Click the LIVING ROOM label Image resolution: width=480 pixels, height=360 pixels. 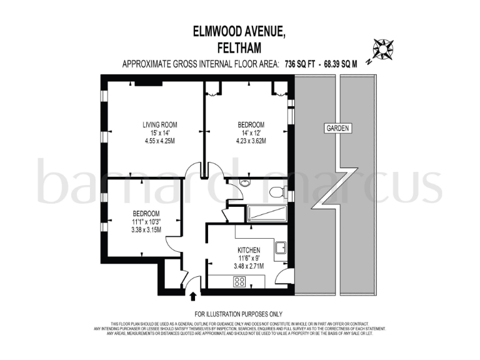(159, 125)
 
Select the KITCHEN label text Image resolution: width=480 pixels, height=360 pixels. (248, 251)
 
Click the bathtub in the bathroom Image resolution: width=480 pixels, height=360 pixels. (267, 214)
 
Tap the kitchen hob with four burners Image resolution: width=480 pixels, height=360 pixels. (239, 281)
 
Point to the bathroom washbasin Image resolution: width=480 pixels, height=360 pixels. (244, 183)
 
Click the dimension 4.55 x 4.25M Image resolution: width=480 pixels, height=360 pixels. (159, 141)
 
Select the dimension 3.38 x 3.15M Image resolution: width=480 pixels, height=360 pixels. (146, 229)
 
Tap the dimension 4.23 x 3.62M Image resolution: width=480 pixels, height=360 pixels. (251, 141)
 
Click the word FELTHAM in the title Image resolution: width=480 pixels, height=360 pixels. (240, 47)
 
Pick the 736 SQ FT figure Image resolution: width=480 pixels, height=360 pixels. (299, 64)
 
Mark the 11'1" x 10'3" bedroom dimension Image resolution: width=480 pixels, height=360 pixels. (146, 221)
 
